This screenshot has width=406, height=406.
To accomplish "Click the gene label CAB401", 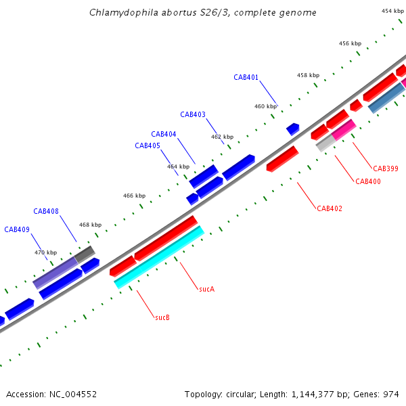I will click(246, 77).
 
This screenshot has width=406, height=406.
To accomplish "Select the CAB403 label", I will click(193, 114).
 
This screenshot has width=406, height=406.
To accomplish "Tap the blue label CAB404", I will click(164, 134).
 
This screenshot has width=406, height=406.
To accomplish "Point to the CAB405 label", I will click(148, 145).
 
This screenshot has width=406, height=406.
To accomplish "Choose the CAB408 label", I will click(46, 211).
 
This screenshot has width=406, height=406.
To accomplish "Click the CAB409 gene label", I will click(17, 229).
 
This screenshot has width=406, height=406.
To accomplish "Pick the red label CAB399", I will click(386, 168).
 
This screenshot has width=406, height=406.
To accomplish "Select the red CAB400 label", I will click(368, 181).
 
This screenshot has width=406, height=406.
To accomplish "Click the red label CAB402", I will click(330, 208).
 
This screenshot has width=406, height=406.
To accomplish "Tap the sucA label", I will click(207, 289).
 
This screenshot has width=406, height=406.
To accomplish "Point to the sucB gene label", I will click(162, 317).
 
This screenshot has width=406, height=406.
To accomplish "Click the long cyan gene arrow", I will click(160, 257).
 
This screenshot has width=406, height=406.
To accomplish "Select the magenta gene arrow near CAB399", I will click(344, 129).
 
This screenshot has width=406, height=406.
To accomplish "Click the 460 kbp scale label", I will click(265, 106).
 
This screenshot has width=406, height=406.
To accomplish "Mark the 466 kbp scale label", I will click(134, 196).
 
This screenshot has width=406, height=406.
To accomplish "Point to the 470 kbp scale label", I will click(45, 252).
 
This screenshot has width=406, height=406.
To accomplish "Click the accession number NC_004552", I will click(72, 394).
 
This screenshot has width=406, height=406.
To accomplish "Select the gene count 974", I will click(391, 394).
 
